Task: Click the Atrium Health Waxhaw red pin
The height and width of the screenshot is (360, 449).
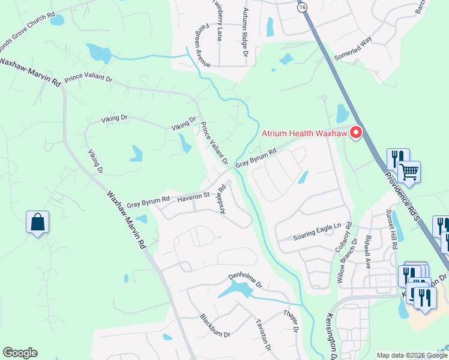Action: tap(356, 132)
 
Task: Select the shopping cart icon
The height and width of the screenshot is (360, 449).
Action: tap(409, 172)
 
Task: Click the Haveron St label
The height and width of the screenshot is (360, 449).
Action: tap(193, 196)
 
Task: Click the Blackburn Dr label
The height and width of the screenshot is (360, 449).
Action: tap(215, 326)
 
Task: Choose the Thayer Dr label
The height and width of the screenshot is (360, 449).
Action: tap(291, 323)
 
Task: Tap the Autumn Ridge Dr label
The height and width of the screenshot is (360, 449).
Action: tap(245, 32)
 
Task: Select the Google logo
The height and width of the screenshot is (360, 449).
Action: tap(20, 353)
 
